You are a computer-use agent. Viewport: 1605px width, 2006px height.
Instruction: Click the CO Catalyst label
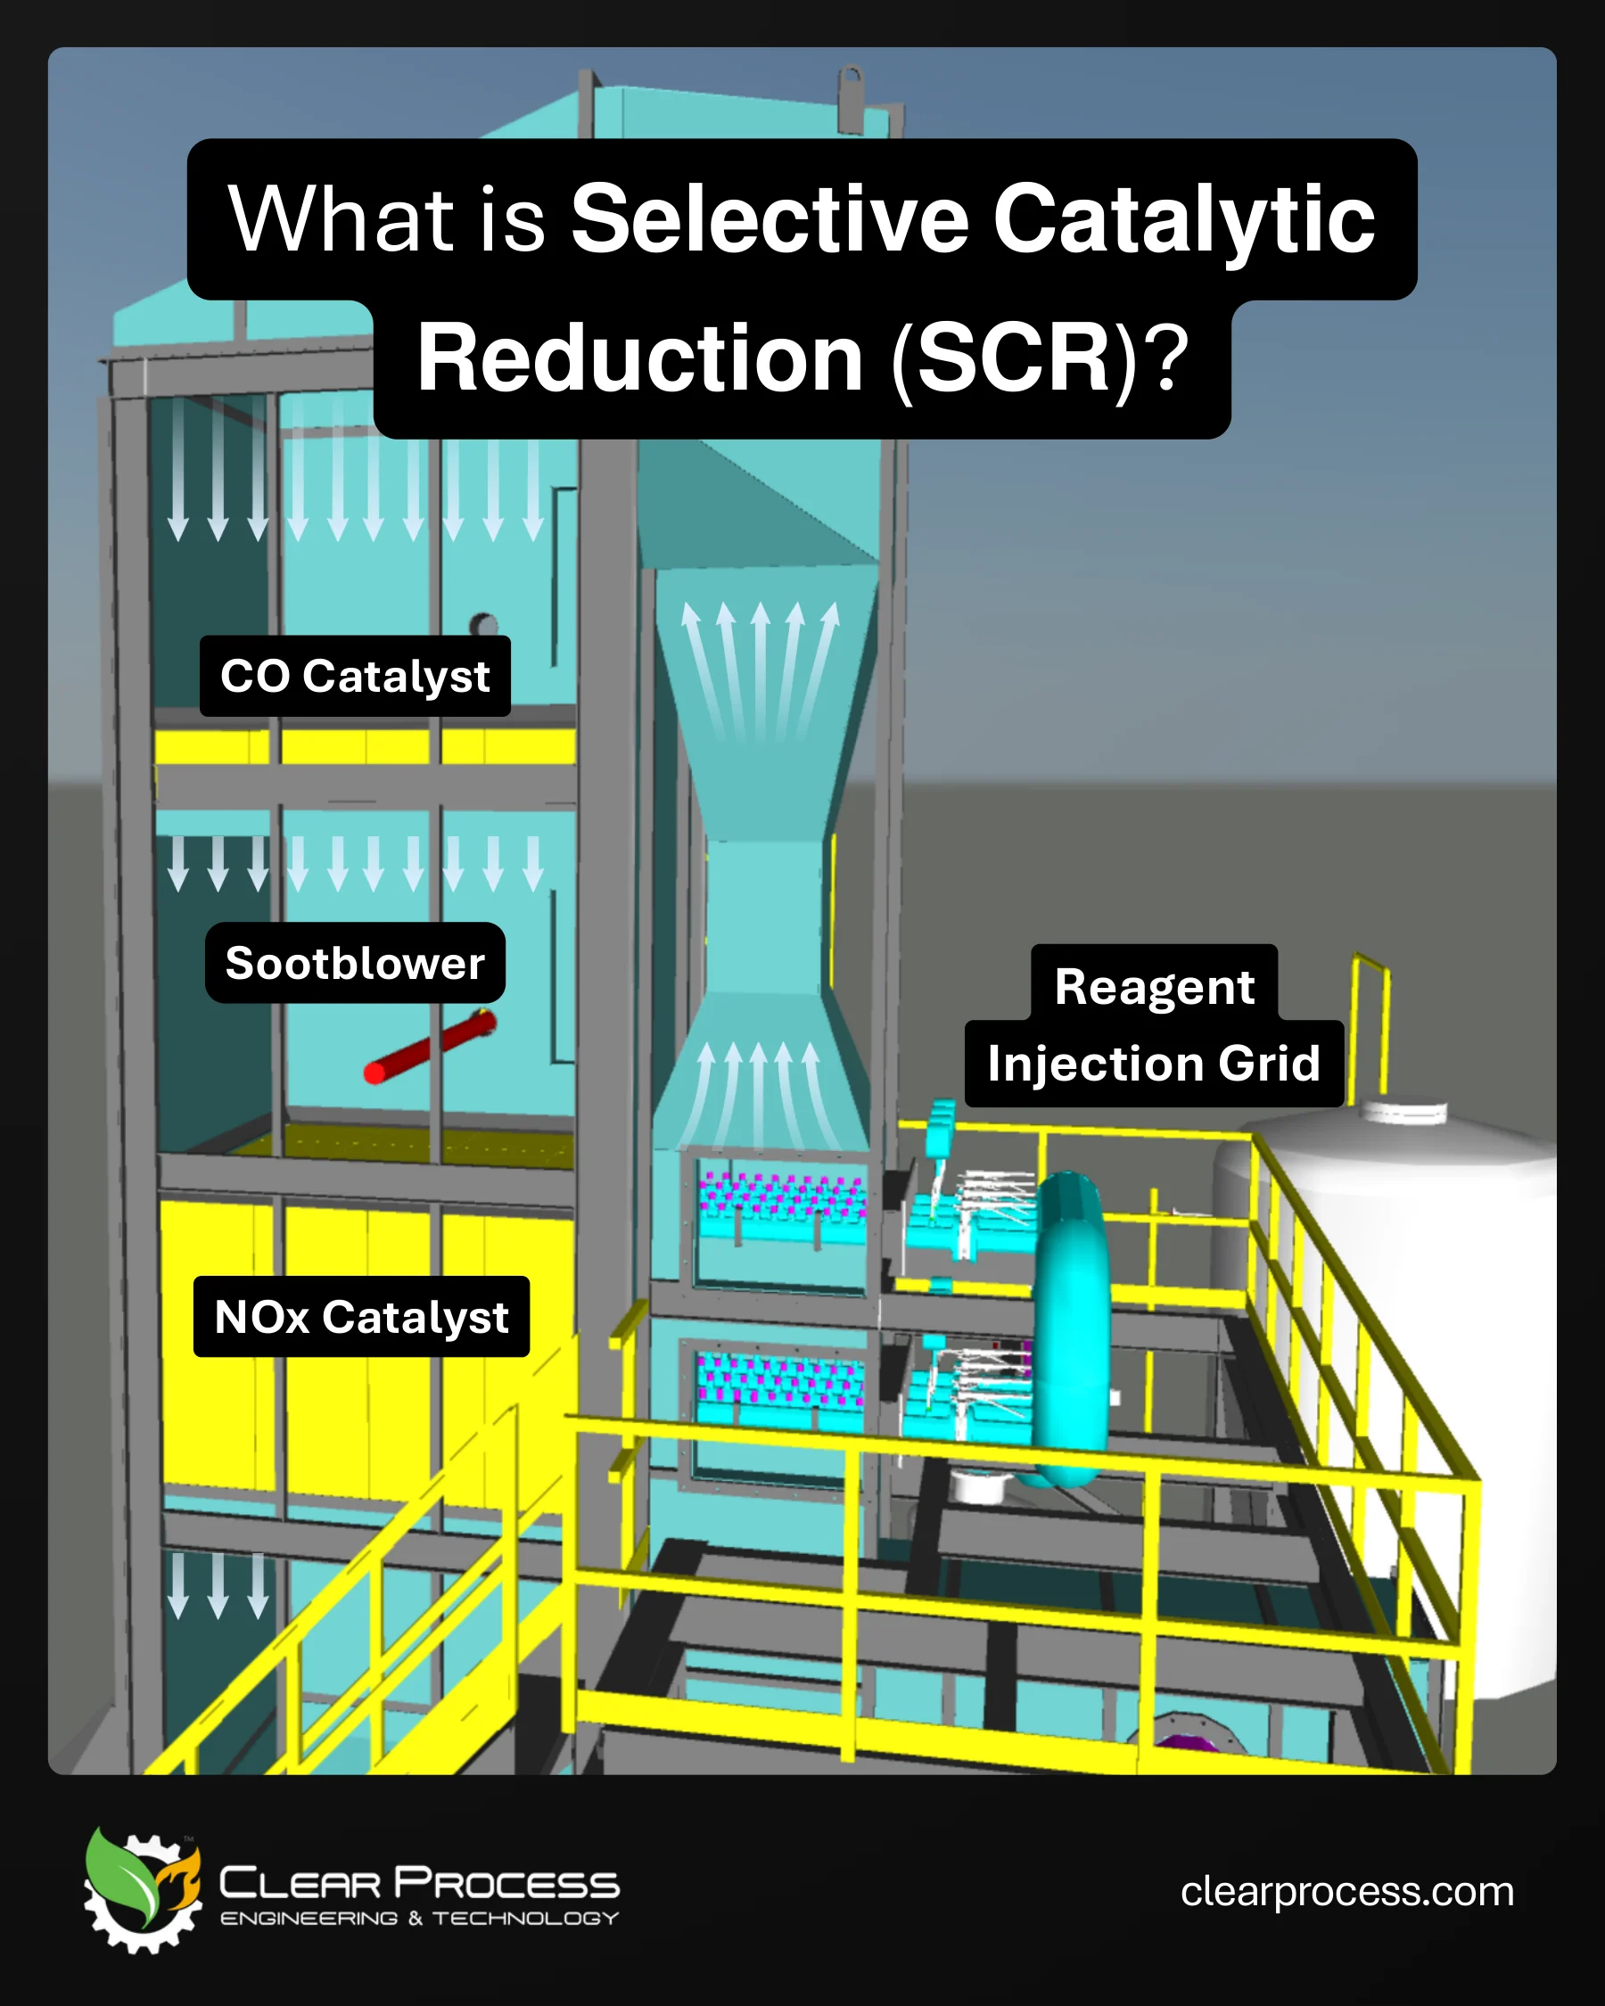point(356,677)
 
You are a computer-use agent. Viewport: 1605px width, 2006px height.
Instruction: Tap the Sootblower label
point(356,963)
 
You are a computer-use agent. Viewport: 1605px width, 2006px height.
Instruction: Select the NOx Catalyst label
point(362,1317)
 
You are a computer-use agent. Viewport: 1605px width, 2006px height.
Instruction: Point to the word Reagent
point(1155,986)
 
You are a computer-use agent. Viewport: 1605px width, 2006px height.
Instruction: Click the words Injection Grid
point(1155,1063)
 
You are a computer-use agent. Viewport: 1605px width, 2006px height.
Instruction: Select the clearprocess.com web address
point(1347,1892)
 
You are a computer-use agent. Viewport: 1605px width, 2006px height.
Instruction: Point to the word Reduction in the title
point(640,358)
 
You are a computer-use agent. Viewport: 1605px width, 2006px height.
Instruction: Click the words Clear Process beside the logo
point(420,1883)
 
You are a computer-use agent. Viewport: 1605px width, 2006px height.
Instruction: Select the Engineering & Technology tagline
point(420,1919)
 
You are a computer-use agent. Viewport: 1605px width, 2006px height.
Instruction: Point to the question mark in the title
point(1165,358)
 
